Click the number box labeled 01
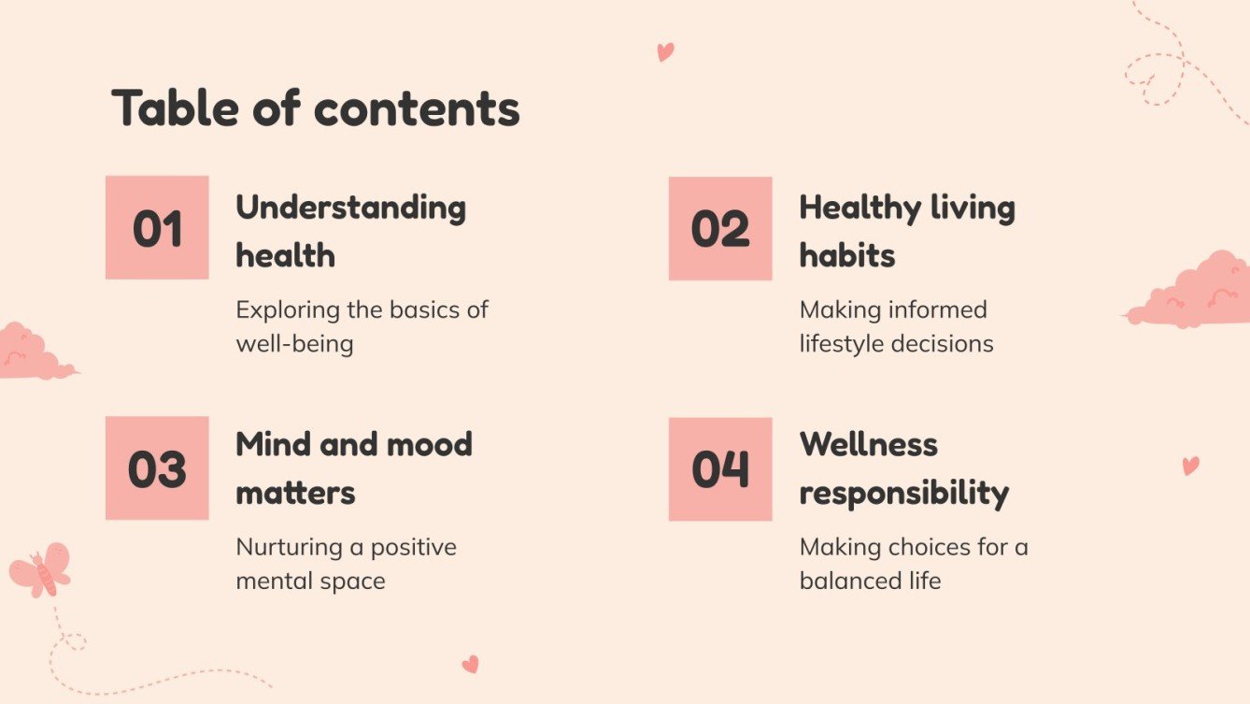coord(157,227)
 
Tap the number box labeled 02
coord(720,228)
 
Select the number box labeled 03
coord(157,468)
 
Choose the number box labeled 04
coord(720,468)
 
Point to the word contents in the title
coord(417,108)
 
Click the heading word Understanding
coord(350,207)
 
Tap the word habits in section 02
coord(846,255)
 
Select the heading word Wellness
coord(868,444)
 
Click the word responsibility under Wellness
coord(903,493)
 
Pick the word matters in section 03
coord(295,492)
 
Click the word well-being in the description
coord(294,343)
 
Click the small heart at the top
coord(665,51)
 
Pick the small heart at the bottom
coord(470,664)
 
